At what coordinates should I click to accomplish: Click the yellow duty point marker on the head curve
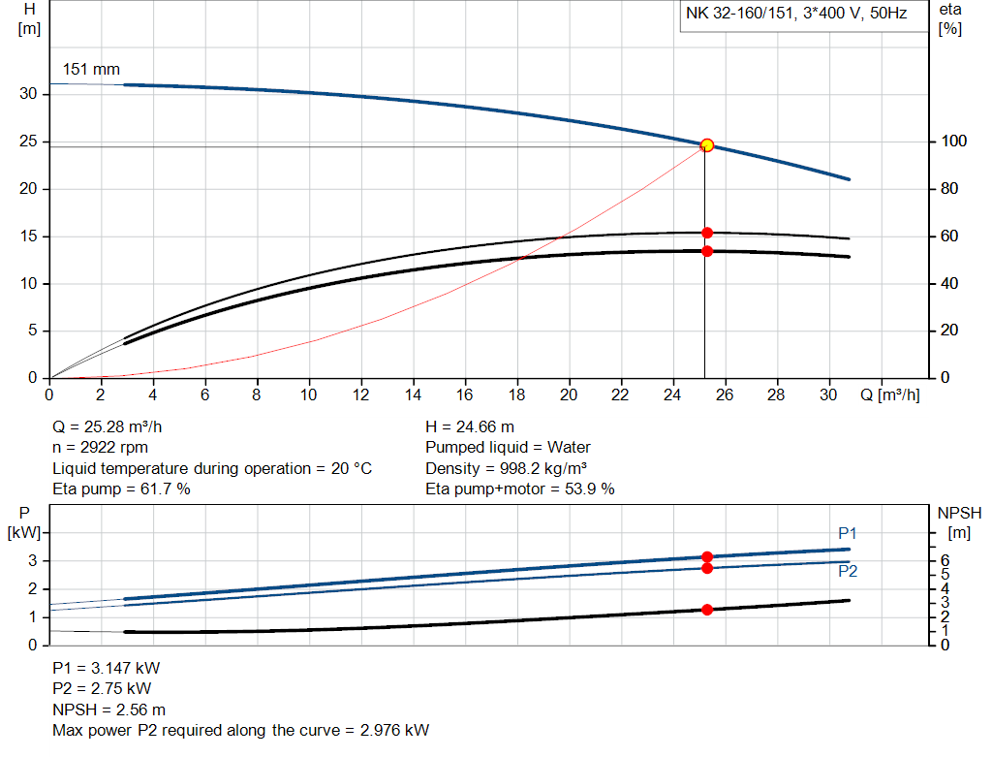[x=707, y=145]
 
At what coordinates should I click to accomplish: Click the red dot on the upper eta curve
[x=707, y=233]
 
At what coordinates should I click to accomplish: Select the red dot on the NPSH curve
[x=707, y=610]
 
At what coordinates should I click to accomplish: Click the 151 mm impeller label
[x=91, y=70]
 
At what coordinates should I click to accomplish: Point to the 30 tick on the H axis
[x=30, y=94]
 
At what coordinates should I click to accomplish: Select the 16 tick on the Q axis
[x=465, y=394]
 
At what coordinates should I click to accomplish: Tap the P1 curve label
[x=848, y=534]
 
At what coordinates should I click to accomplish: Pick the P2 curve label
[x=848, y=571]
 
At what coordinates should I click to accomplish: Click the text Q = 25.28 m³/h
[x=114, y=426]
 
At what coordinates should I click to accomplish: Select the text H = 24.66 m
[x=470, y=426]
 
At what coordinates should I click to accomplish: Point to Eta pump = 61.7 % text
[x=121, y=489]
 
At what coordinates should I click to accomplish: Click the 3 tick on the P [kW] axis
[x=32, y=560]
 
